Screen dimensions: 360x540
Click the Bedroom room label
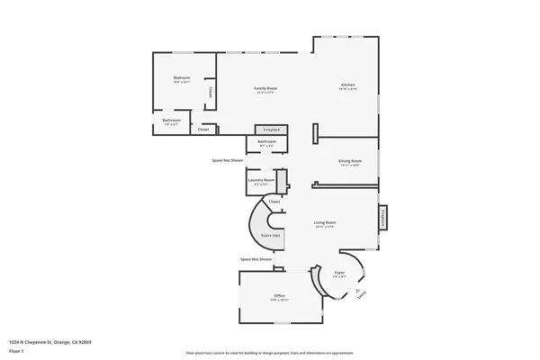click(182, 78)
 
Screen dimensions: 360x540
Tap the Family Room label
click(265, 88)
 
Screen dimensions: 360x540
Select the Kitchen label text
click(347, 85)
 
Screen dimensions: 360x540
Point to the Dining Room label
click(349, 161)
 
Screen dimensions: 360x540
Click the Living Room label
click(325, 222)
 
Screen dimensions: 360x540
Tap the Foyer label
click(339, 272)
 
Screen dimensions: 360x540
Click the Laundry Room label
click(262, 180)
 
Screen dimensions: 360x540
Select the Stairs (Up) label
click(271, 235)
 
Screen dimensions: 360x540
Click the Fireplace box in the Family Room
click(271, 130)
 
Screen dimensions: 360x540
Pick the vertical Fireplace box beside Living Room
click(382, 218)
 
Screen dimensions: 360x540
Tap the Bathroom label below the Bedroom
click(172, 121)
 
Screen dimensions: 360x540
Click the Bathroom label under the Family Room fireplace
click(266, 142)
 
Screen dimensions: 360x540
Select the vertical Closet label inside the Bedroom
click(211, 91)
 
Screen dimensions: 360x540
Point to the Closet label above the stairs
click(274, 202)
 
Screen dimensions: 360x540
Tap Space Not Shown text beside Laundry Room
click(228, 160)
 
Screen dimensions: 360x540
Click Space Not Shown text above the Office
click(256, 259)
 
